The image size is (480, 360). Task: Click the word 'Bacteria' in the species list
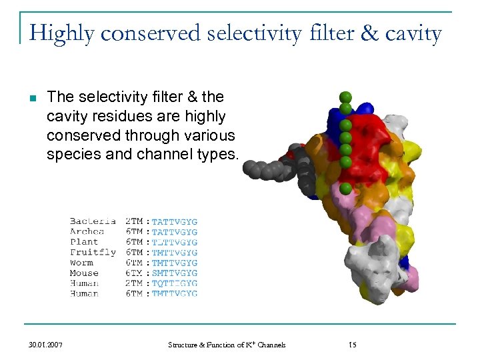pyautogui.click(x=93, y=221)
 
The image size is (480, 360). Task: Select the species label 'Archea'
pyautogui.click(x=87, y=232)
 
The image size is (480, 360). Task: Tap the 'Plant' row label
pyautogui.click(x=84, y=242)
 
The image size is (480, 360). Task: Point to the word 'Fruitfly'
pyautogui.click(x=93, y=253)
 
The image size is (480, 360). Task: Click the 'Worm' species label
pyautogui.click(x=82, y=263)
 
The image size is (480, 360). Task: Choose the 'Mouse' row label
pyautogui.click(x=84, y=273)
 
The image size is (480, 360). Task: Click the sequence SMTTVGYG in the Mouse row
pyautogui.click(x=175, y=273)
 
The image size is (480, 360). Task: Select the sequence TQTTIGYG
pyautogui.click(x=175, y=283)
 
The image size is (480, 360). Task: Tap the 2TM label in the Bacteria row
pyautogui.click(x=134, y=221)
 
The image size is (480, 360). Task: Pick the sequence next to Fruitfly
pyautogui.click(x=175, y=253)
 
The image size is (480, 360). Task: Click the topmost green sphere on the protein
pyautogui.click(x=345, y=97)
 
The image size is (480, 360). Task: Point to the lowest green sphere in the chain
pyautogui.click(x=345, y=189)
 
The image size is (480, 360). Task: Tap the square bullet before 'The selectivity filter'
pyautogui.click(x=32, y=99)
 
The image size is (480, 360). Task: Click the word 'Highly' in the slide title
pyautogui.click(x=59, y=33)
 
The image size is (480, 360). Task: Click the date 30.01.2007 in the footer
pyautogui.click(x=46, y=345)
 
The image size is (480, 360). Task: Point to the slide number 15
pyautogui.click(x=353, y=345)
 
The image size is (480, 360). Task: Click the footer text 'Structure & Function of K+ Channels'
pyautogui.click(x=227, y=345)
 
